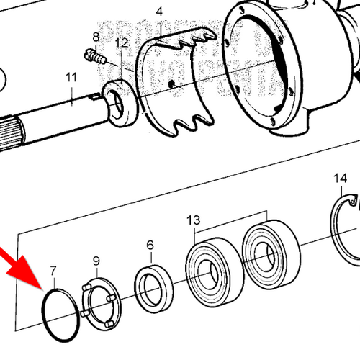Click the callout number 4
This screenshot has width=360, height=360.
[158, 12]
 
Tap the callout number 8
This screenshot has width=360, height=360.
[96, 37]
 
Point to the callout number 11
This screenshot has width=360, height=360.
[70, 77]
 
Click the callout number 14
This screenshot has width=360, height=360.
[341, 178]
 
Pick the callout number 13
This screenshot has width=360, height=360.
[193, 219]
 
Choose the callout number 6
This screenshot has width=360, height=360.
[150, 246]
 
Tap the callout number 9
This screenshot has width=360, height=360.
[96, 260]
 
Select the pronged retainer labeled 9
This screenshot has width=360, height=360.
[99, 302]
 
